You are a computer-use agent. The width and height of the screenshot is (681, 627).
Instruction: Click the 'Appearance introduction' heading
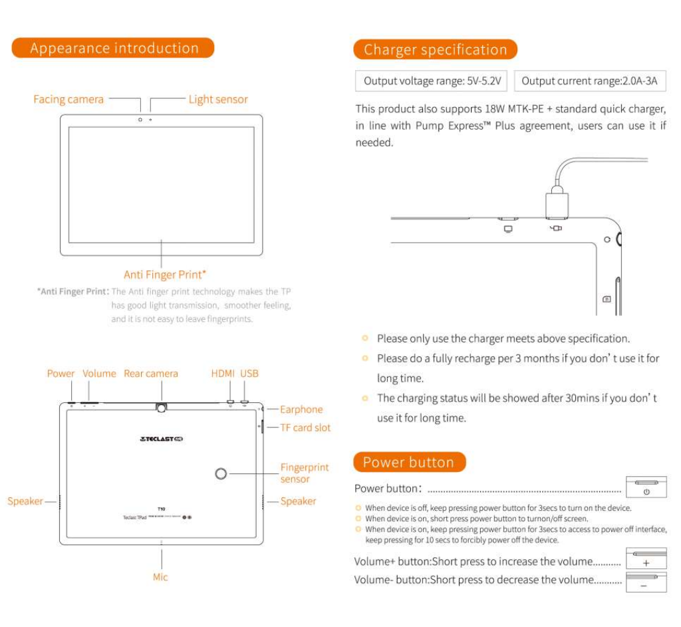point(114,48)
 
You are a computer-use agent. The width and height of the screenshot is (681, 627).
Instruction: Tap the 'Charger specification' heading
point(435,49)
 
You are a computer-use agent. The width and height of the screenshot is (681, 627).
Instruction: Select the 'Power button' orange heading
point(408,462)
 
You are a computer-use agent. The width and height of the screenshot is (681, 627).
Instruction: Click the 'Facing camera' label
point(68,99)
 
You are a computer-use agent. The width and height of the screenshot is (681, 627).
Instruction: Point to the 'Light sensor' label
point(217,99)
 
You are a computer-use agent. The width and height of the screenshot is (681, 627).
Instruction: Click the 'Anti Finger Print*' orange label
point(164,275)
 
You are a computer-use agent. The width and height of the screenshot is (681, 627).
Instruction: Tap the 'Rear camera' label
point(151,374)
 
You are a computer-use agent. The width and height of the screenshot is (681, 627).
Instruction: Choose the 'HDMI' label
point(223,374)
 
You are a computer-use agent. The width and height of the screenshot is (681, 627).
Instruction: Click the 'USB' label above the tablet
point(249,374)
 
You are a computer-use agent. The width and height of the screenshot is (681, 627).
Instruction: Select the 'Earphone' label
point(301,410)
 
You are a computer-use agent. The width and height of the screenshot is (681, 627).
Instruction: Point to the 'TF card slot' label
point(305,428)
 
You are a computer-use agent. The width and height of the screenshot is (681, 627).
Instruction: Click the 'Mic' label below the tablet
point(160,577)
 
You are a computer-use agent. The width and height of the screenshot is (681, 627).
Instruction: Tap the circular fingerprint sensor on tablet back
point(221,473)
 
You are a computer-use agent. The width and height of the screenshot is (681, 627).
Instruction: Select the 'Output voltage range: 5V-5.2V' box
point(432,81)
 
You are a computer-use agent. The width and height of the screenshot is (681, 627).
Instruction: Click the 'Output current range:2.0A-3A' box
point(589,81)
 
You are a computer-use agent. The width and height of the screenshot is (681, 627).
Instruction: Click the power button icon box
point(646,487)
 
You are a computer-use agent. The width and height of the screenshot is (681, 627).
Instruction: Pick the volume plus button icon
point(646,559)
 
